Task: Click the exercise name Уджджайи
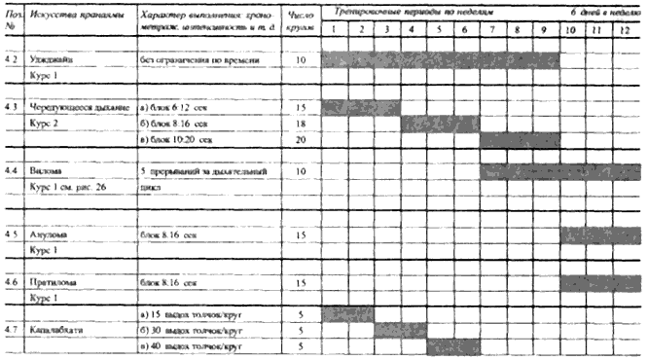pos(56,59)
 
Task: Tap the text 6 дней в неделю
pos(603,9)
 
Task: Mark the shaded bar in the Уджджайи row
pos(441,59)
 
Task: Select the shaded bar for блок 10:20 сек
pos(520,139)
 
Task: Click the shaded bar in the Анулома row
pos(600,234)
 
